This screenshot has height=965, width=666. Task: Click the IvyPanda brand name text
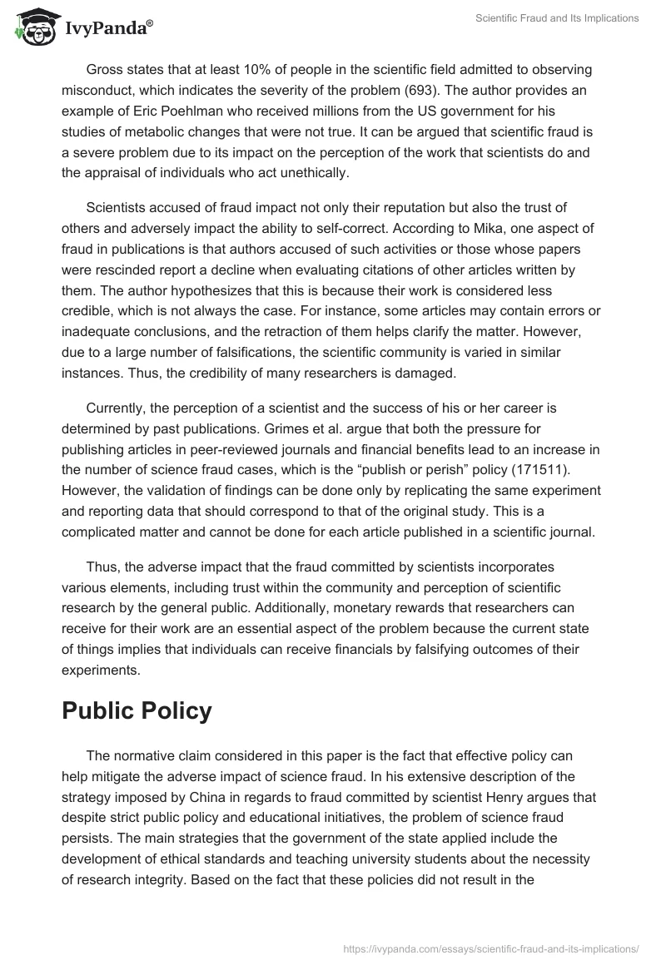[108, 28]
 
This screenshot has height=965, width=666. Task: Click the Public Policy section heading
[137, 711]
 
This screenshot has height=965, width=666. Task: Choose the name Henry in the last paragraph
[520, 796]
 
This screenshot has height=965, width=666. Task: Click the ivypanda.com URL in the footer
[490, 947]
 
